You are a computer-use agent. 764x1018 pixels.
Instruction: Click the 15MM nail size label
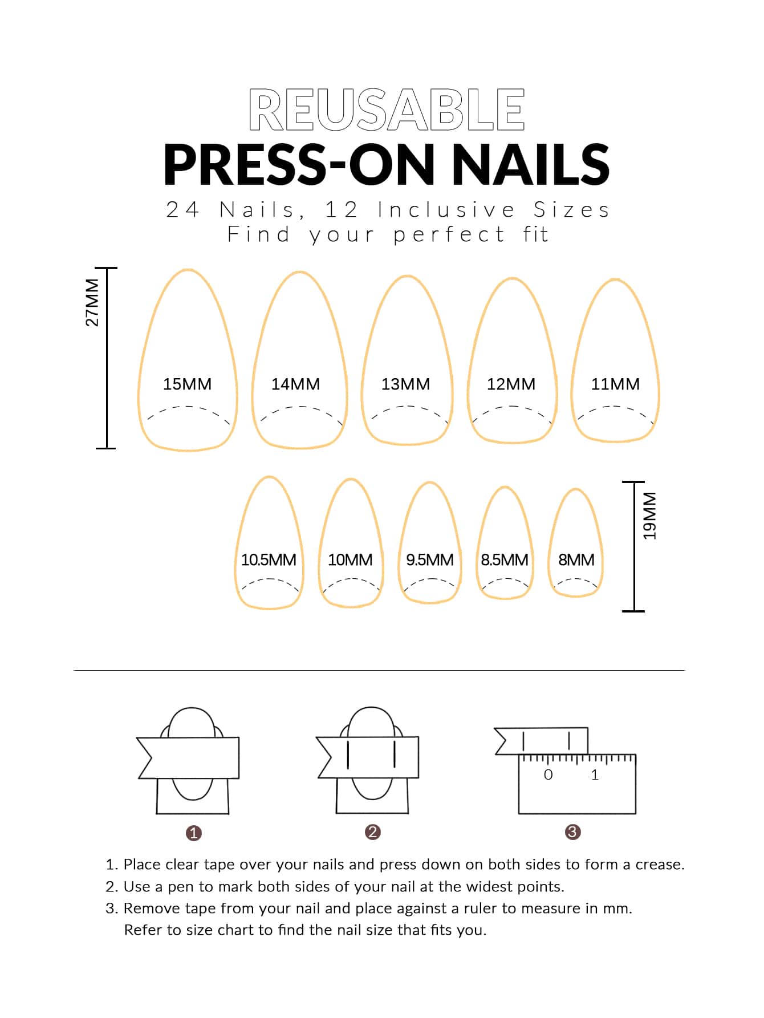tap(187, 384)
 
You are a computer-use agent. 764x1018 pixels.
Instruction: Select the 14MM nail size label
tap(295, 384)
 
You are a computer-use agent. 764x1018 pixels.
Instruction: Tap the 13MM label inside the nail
tap(405, 384)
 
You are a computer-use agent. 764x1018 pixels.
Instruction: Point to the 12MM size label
tap(511, 384)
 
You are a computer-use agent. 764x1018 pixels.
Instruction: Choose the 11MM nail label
tap(615, 384)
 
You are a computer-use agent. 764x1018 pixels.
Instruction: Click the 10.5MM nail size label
tap(269, 560)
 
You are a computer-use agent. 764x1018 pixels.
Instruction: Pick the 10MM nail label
tap(350, 560)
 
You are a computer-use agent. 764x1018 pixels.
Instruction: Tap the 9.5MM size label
tap(430, 560)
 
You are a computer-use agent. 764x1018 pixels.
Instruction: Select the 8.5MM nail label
tap(505, 560)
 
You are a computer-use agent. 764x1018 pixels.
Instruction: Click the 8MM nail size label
tap(576, 560)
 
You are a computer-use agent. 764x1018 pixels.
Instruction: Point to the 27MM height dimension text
tap(92, 302)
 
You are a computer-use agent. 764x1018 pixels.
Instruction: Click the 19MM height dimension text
tap(649, 516)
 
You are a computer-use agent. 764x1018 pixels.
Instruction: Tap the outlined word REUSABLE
tap(387, 109)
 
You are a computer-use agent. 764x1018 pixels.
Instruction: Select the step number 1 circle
tap(194, 833)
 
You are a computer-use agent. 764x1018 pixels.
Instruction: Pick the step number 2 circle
tap(373, 832)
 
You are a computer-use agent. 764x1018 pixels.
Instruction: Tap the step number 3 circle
tap(572, 832)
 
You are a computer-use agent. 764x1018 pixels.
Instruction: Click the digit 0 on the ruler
tap(548, 774)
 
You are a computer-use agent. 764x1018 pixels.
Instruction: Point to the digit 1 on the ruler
tap(595, 774)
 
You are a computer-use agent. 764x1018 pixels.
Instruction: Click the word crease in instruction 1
tap(660, 865)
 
